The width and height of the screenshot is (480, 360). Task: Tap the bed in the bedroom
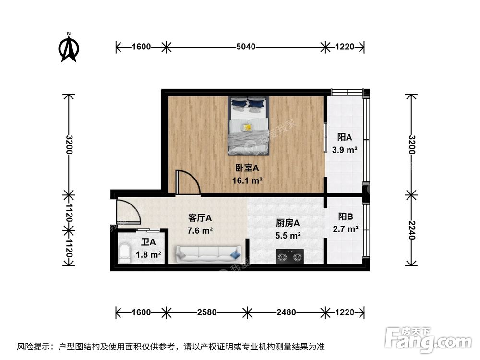[x=248, y=125]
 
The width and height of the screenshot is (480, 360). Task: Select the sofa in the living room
[x=208, y=253]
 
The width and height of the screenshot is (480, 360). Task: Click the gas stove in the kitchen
[x=290, y=257]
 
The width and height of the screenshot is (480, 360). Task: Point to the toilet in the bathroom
[x=124, y=253]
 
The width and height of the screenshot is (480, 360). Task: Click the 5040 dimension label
[x=245, y=47]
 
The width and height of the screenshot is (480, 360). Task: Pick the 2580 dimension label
[x=205, y=312]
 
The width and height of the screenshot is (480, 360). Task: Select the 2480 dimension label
[x=286, y=312]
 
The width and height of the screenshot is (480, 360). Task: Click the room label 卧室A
[x=247, y=168]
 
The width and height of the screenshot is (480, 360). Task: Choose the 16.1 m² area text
[x=247, y=181]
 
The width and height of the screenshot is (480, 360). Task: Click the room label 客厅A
[x=200, y=217]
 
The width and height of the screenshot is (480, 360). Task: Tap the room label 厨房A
[x=288, y=223]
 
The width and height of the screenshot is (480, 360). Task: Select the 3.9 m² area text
[x=345, y=150]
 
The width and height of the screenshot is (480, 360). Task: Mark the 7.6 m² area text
[x=200, y=230]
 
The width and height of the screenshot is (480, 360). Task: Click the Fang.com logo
[x=429, y=338]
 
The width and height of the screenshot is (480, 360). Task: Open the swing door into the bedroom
[x=188, y=183]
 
